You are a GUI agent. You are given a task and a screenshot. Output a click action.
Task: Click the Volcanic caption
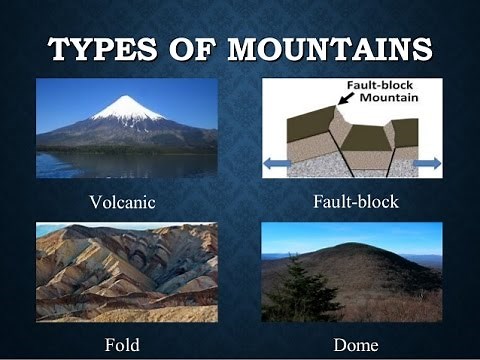pyautogui.click(x=122, y=202)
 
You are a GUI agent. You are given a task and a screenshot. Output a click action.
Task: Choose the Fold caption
pyautogui.click(x=122, y=345)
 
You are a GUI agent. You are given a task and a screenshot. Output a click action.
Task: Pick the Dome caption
pyautogui.click(x=356, y=345)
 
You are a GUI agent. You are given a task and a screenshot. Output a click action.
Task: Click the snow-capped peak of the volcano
pyautogui.click(x=128, y=106)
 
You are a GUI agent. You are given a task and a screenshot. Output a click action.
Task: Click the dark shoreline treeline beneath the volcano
pyautogui.click(x=120, y=147)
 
